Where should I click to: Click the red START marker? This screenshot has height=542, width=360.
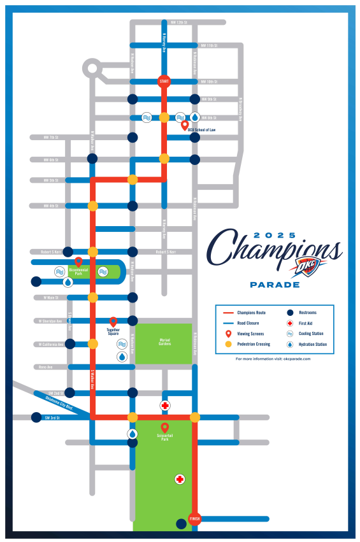point(164,82)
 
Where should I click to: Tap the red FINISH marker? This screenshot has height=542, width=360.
point(195,518)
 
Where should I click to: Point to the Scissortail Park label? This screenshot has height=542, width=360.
point(165,438)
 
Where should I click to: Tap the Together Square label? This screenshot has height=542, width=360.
point(113,332)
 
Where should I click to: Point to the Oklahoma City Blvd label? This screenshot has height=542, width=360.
point(62,403)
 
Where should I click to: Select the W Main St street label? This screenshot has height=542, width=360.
point(50,297)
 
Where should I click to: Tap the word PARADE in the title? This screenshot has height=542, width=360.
point(275,285)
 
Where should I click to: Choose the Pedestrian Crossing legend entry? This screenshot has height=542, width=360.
point(254,344)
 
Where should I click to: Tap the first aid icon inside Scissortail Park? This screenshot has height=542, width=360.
point(180,479)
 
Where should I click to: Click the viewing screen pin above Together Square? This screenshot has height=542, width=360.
point(113,322)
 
